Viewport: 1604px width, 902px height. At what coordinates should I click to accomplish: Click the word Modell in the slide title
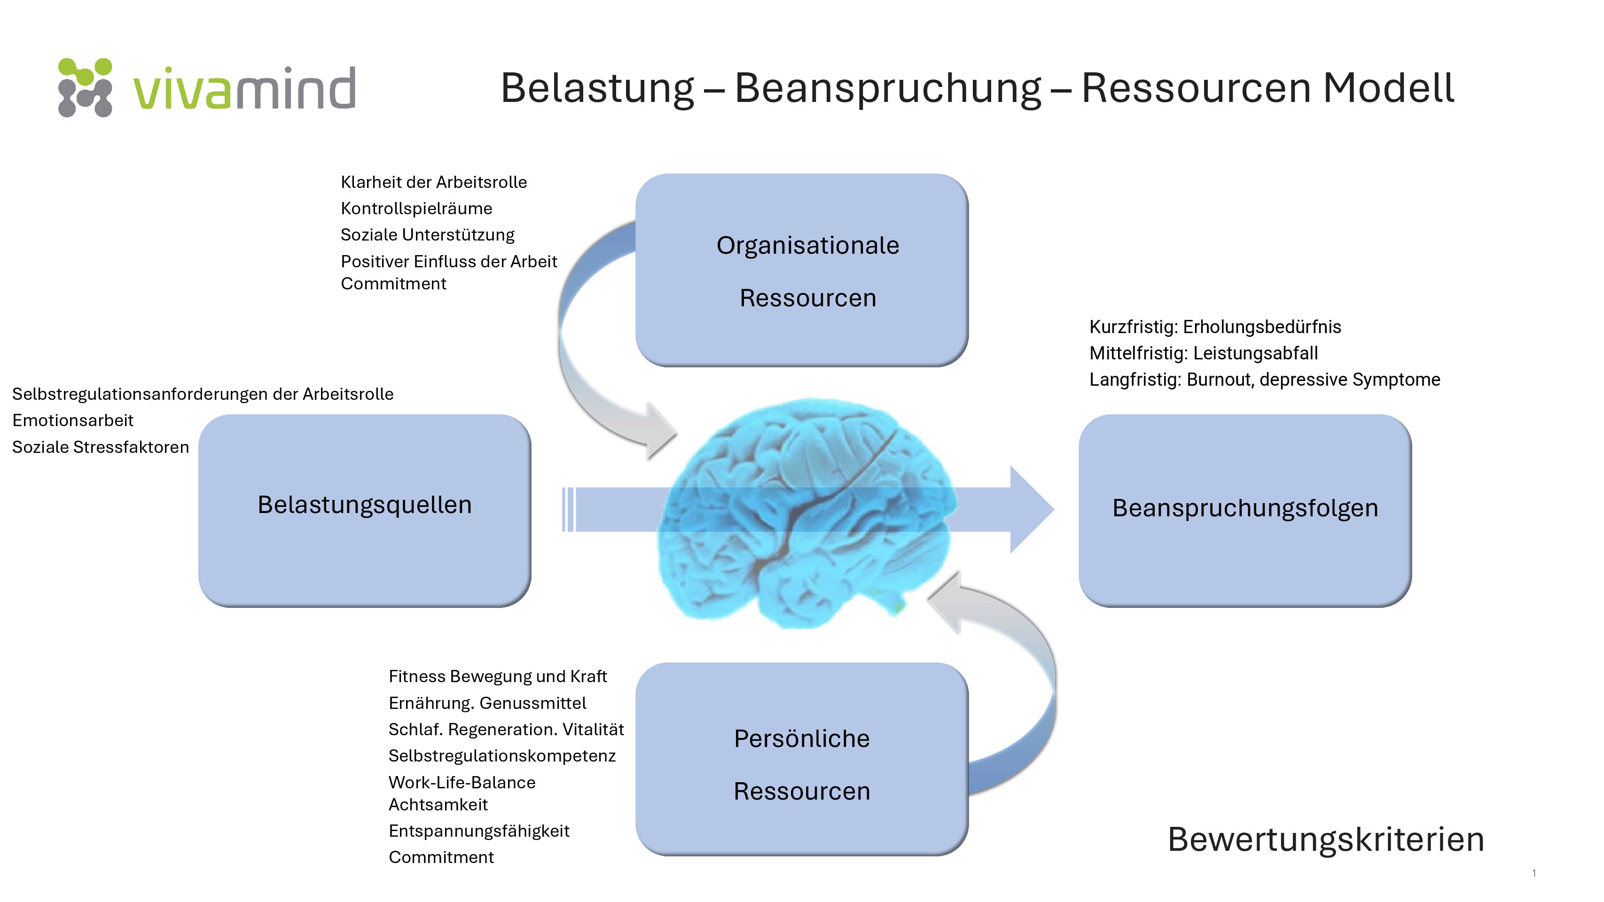click(x=1388, y=88)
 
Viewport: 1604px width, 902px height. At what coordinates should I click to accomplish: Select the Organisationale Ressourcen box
click(x=801, y=270)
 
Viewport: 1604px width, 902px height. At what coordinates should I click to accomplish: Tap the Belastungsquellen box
click(x=365, y=511)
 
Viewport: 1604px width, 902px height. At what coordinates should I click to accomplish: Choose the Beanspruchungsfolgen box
click(x=1245, y=511)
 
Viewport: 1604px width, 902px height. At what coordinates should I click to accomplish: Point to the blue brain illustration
click(x=806, y=513)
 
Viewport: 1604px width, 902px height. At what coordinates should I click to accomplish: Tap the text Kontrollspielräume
click(x=416, y=209)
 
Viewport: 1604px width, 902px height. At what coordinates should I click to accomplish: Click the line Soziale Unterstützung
click(x=428, y=235)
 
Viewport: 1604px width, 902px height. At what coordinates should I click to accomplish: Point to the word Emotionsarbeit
click(x=73, y=420)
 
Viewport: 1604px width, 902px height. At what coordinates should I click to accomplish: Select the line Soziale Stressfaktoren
click(x=100, y=447)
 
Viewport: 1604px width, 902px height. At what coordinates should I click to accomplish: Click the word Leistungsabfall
click(x=1256, y=353)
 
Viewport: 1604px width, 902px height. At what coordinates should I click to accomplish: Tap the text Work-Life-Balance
click(x=462, y=783)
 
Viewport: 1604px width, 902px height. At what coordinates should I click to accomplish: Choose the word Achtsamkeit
click(x=438, y=805)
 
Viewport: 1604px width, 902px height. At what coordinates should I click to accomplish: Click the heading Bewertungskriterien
click(x=1326, y=839)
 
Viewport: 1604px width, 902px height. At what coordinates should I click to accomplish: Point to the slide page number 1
click(x=1534, y=873)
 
